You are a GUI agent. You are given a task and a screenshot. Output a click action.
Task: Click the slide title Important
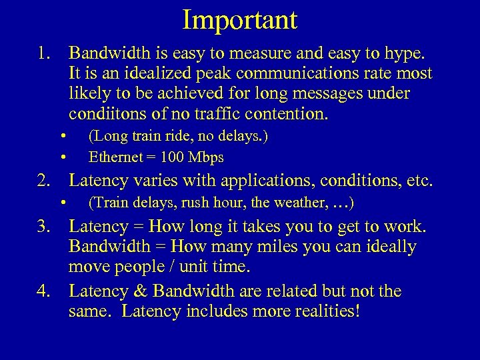(x=240, y=19)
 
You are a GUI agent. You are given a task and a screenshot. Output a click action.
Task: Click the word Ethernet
(x=114, y=157)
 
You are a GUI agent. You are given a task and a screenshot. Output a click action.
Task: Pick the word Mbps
(x=206, y=157)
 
